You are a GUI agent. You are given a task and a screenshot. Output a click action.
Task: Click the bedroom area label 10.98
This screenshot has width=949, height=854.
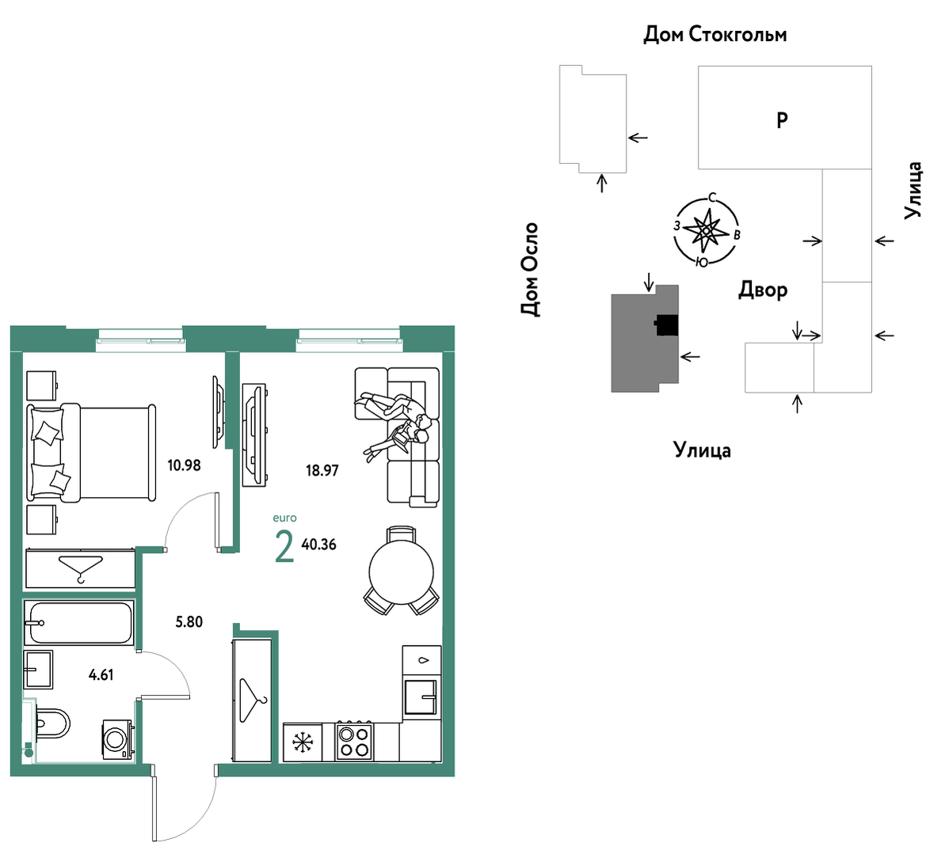pos(184,465)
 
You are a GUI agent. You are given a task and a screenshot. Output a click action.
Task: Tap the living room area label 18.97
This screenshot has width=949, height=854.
pos(322,470)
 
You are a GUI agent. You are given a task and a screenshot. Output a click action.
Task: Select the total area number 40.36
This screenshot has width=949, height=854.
pos(319,545)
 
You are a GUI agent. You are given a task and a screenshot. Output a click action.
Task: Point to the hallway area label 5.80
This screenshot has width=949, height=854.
pos(189,622)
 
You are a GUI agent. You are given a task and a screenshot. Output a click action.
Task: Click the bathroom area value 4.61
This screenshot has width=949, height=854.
pos(101,675)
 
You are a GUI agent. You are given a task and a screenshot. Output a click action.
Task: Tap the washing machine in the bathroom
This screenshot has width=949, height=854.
pos(117,738)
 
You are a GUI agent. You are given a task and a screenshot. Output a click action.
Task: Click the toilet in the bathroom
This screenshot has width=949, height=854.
pos(52,723)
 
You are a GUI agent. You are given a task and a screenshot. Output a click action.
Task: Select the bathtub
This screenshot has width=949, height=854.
pos(78,622)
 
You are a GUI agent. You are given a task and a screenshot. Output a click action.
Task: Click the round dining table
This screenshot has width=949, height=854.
pos(402,571)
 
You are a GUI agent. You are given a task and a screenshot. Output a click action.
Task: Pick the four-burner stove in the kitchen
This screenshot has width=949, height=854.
pos(355,742)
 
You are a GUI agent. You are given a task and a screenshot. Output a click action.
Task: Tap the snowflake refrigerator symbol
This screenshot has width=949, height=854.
pos(303,742)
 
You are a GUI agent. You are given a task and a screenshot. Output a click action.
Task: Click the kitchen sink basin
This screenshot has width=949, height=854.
pos(421,696)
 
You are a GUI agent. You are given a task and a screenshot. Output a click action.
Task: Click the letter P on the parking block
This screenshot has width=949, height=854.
pos(782,120)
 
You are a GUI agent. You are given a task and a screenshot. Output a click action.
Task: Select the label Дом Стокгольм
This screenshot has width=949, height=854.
pos(715,35)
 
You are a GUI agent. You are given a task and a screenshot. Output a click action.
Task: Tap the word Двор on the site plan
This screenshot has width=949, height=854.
pos(763,290)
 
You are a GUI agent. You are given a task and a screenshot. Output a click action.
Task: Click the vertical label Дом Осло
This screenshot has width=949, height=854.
pos(530,269)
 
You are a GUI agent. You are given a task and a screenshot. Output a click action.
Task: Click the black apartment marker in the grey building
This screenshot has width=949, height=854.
pos(666,325)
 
